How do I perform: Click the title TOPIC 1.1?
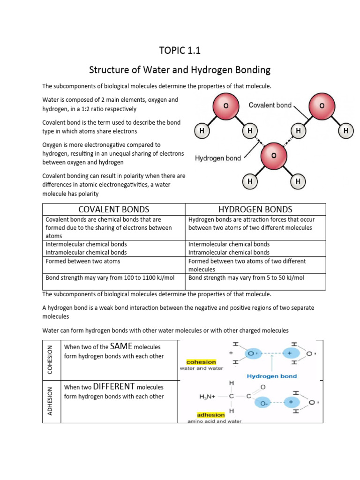(x=180, y=51)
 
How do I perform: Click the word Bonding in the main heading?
(x=250, y=70)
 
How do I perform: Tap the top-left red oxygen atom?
(x=226, y=106)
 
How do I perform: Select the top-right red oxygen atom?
(x=321, y=106)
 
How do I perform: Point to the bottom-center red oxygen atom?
(x=273, y=155)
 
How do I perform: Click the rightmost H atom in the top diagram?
(x=346, y=132)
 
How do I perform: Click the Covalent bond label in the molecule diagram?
(x=270, y=105)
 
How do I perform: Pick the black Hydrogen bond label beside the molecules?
(x=217, y=158)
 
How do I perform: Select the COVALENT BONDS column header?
(x=114, y=209)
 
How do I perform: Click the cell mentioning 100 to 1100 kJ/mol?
(x=110, y=278)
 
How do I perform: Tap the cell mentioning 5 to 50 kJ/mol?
(x=246, y=278)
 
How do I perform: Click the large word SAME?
(x=121, y=347)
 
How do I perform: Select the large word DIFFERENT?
(x=114, y=387)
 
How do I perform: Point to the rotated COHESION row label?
(x=50, y=360)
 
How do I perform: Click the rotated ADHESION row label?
(x=50, y=401)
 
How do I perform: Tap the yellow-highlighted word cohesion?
(x=201, y=362)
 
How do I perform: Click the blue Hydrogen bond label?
(x=271, y=376)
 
